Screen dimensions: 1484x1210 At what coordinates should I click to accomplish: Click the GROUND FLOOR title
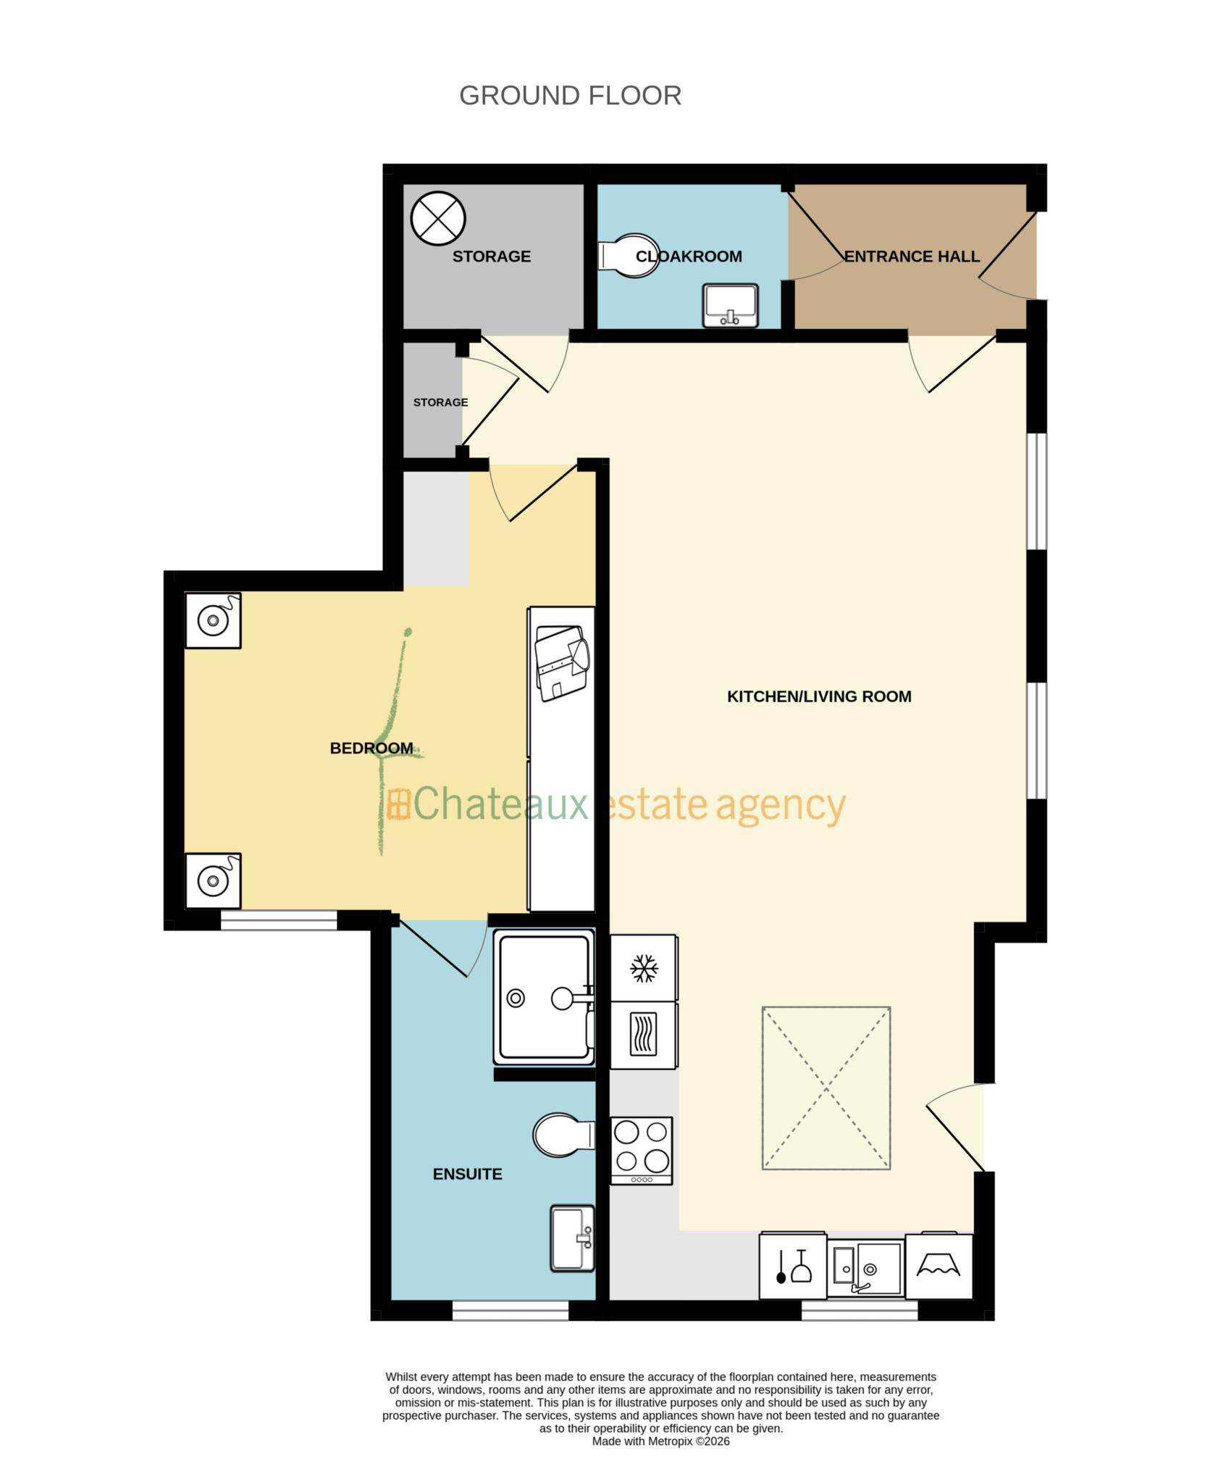[570, 96]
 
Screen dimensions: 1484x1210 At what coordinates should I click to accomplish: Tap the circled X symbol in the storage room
[437, 217]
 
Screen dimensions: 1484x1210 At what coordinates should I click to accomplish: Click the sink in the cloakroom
[730, 305]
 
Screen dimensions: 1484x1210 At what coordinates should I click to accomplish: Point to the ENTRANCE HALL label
[912, 257]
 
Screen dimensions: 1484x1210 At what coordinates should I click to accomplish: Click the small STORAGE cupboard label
[440, 402]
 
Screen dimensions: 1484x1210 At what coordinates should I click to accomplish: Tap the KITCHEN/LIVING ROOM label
[819, 696]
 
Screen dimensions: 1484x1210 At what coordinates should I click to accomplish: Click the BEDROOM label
[371, 748]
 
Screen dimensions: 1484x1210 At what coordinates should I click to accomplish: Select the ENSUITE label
[467, 1174]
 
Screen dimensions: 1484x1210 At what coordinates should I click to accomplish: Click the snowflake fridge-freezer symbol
[644, 968]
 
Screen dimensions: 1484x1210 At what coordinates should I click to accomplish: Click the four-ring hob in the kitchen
[642, 1150]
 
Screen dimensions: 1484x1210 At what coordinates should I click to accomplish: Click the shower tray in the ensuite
[543, 998]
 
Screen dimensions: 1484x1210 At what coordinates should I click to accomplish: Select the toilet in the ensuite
[562, 1135]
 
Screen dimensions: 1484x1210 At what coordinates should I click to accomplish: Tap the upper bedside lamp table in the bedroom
[213, 620]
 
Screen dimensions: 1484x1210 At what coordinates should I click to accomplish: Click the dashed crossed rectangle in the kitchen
[825, 1088]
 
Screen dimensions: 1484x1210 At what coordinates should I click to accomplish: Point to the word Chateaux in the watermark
[500, 804]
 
